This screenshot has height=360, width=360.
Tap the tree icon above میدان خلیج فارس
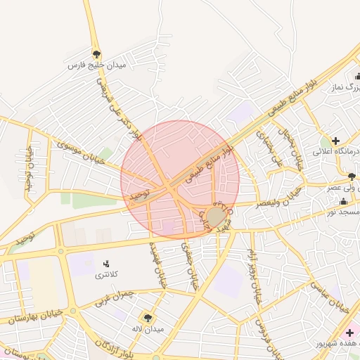tap(96, 53)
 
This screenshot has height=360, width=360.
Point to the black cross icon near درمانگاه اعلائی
tap(336, 140)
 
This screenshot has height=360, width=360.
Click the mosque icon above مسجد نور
tap(343, 201)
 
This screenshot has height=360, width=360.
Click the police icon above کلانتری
tap(107, 263)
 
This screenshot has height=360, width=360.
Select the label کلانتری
tap(107, 274)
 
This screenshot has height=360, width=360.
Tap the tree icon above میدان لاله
tap(148, 318)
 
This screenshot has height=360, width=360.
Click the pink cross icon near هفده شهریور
tap(349, 332)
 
